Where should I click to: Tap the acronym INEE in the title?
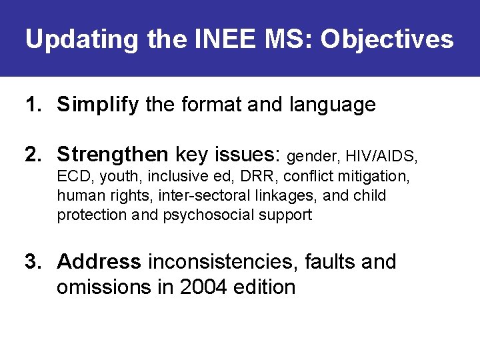[x=217, y=39]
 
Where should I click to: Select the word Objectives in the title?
[x=387, y=39]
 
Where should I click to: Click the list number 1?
[x=33, y=105]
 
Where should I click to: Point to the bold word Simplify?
[x=98, y=105]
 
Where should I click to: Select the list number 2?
[x=33, y=155]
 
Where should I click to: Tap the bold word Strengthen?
[x=113, y=155]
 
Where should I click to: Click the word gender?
[x=313, y=157]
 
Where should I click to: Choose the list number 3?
[x=33, y=262]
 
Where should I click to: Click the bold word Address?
[x=99, y=262]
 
